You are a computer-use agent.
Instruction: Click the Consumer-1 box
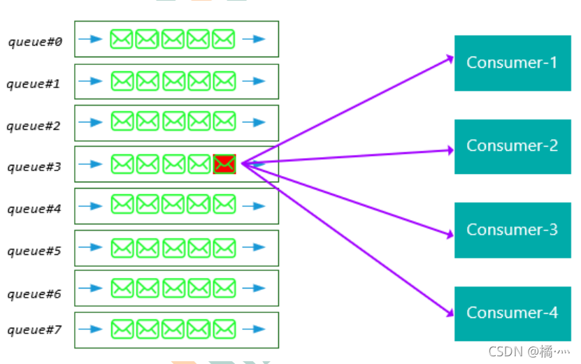512,63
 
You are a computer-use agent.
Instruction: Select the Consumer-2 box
512,146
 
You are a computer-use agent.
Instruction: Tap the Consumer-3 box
512,230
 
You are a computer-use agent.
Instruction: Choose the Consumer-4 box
512,313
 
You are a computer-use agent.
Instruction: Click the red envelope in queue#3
224,164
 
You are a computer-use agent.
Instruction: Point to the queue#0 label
35,42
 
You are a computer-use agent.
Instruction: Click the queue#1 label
34,84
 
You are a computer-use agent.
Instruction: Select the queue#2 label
34,126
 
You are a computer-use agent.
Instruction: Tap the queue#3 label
34,167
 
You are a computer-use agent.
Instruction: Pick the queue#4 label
34,208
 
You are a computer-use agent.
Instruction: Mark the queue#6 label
34,293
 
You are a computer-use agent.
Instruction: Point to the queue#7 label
34,329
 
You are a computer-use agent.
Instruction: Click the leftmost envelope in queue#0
122,39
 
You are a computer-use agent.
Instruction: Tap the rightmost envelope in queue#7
224,328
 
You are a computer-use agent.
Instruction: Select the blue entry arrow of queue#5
91,247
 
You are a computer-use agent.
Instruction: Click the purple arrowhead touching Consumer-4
450,315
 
